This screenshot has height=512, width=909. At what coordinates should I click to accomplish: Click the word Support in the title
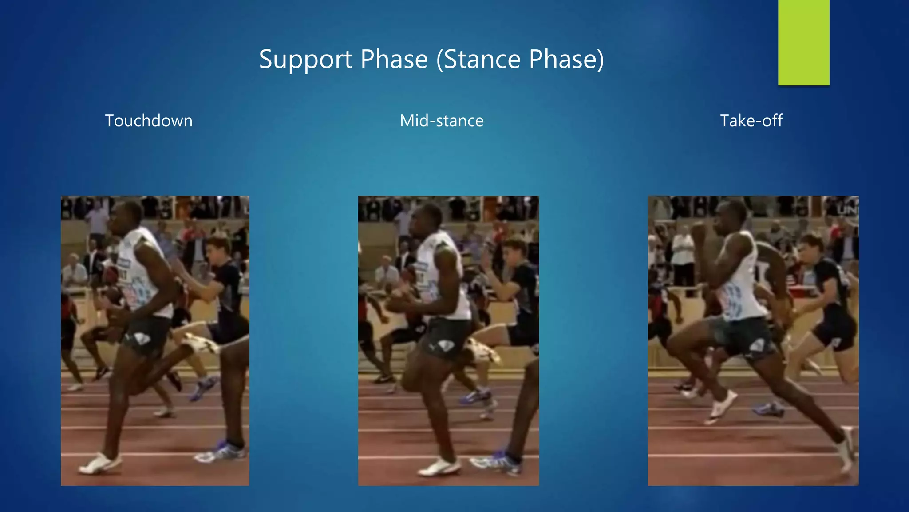tap(306, 60)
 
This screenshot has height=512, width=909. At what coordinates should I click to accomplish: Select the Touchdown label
tap(149, 120)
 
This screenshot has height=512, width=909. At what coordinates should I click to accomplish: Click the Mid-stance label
tap(442, 120)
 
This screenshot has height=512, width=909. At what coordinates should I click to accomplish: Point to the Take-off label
tap(751, 120)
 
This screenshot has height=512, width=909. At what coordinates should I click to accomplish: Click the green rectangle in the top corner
tap(803, 43)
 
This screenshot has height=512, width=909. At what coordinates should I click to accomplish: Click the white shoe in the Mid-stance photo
tap(439, 467)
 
